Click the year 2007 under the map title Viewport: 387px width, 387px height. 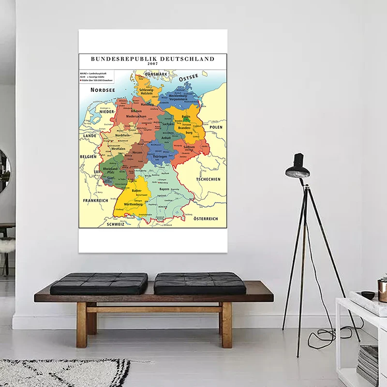tap(153, 64)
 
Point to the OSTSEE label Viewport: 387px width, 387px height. tap(189, 78)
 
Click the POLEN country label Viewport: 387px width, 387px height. tap(216, 127)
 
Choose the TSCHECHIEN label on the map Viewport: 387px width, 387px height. tap(208, 179)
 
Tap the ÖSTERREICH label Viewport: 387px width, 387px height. tap(207, 219)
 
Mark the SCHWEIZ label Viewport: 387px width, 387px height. tap(116, 224)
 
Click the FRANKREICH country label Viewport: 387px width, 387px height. tap(95, 200)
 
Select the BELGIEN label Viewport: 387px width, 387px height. tap(88, 157)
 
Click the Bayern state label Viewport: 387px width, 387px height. tap(164, 189)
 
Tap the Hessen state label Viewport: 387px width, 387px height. tap(137, 152)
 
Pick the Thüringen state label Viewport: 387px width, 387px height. tap(159, 157)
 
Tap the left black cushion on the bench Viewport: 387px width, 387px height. tap(99, 283)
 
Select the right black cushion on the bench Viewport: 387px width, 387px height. tap(200, 283)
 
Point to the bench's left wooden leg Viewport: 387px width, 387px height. tap(82, 324)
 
